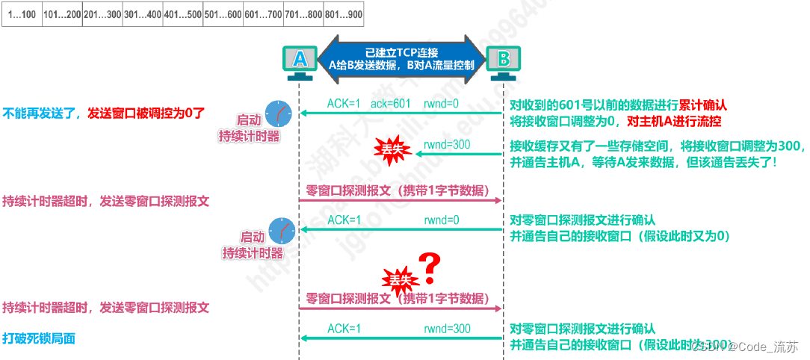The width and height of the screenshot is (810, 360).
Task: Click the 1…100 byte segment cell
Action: (22, 14)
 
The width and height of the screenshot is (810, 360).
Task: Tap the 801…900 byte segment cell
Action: (343, 14)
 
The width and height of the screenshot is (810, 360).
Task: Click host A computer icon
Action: (300, 63)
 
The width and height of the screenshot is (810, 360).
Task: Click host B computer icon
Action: (503, 63)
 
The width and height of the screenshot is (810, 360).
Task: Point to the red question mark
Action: (428, 265)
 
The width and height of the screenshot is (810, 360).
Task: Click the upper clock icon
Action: (277, 113)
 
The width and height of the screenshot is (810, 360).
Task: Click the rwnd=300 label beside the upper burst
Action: (446, 144)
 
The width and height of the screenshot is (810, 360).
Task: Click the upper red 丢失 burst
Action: (391, 149)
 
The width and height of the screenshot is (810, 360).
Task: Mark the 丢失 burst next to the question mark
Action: (397, 279)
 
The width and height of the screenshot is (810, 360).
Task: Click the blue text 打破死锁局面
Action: (39, 338)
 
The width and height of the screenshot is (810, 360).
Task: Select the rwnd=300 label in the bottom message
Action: (446, 329)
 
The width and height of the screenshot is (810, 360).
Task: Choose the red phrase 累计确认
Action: (702, 106)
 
